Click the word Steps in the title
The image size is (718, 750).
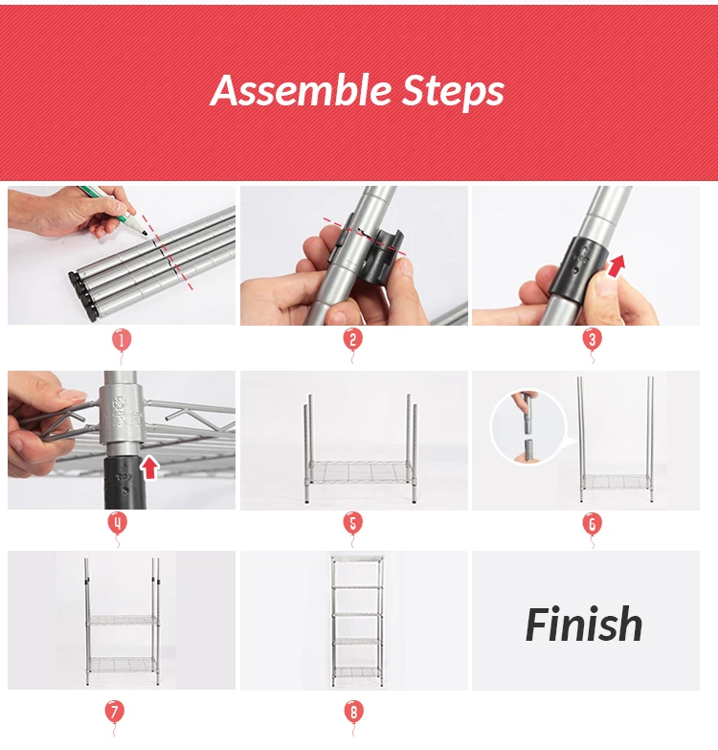453,92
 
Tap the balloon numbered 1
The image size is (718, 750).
122,341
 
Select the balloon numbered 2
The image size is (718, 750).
353,340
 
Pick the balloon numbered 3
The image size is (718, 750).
592,340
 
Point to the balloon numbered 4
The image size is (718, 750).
118,523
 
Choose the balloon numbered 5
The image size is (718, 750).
353,523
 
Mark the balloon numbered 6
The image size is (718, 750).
592,524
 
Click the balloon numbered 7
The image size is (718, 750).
114,712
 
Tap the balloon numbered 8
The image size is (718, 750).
354,713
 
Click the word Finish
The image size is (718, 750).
584,624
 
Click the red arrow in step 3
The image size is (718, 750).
617,266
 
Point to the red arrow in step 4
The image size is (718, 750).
150,467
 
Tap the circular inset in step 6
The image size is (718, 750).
528,427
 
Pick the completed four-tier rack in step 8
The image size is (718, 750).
358,621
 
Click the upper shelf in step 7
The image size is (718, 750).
123,621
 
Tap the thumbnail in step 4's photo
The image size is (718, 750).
71,395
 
